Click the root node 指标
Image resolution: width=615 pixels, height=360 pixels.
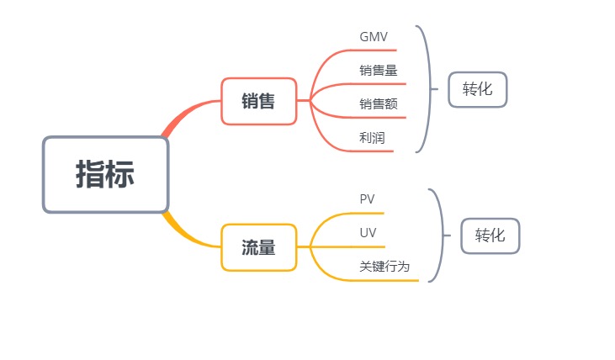[x=105, y=174]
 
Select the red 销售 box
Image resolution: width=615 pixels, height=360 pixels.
[x=258, y=101]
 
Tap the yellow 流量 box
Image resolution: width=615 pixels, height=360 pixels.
[x=258, y=247]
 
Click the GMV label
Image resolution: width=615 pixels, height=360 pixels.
[x=374, y=38]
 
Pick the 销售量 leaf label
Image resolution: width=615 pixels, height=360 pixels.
[x=378, y=71]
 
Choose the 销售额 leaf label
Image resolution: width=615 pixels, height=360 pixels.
[x=378, y=104]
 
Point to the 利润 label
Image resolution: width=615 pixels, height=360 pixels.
[x=372, y=138]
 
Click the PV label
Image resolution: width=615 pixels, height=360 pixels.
[x=367, y=199]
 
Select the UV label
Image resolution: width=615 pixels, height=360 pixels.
[x=368, y=232]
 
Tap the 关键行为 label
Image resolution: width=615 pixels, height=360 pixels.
[x=384, y=266]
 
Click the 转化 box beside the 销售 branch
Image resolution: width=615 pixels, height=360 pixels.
[x=478, y=89]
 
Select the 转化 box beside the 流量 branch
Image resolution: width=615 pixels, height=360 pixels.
[x=490, y=236]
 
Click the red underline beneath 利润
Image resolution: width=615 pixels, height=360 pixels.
[x=379, y=151]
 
